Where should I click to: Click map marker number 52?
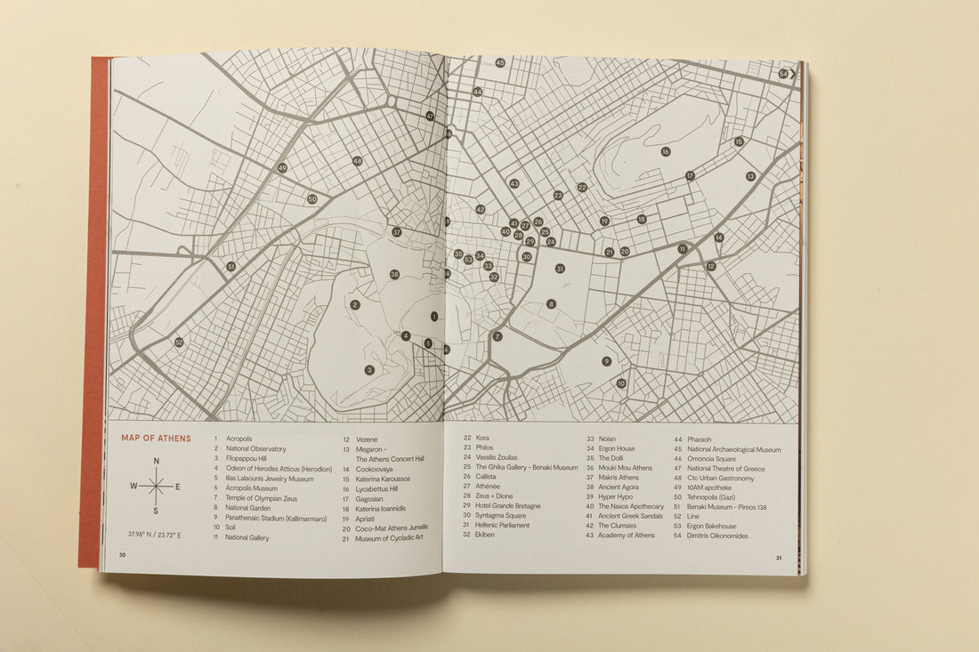179,342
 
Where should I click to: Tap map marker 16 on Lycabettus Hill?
665,151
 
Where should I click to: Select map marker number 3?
368,369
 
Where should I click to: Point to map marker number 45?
500,62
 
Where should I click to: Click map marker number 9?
606,361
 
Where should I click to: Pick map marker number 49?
282,167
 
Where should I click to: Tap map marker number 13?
750,176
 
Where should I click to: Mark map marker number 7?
498,336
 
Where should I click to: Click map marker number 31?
560,268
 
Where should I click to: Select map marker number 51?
231,266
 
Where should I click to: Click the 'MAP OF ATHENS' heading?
156,438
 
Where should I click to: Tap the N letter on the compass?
156,461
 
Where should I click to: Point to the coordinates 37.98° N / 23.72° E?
156,535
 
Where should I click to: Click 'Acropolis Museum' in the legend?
252,488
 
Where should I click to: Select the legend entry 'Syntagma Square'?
500,516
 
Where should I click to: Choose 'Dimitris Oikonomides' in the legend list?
717,535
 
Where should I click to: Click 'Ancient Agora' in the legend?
619,487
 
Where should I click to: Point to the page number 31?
778,559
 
